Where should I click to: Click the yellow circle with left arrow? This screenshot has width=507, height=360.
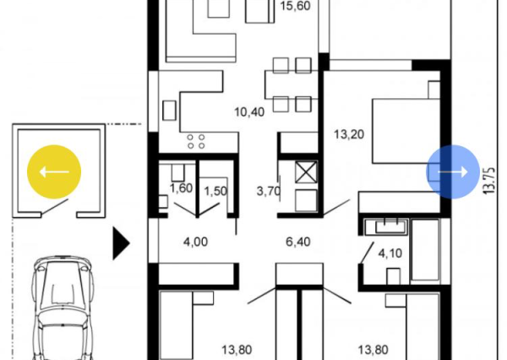54,172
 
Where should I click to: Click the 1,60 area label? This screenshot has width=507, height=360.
181,188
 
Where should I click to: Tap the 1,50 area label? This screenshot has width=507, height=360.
215,188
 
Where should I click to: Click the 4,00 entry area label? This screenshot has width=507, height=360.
196,242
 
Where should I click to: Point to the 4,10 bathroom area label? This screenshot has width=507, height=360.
391,252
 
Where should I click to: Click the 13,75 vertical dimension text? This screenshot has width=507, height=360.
488,180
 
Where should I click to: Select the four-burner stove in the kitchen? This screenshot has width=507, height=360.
196,141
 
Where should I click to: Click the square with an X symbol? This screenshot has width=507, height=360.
303,172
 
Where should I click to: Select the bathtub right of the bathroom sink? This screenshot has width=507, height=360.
426,251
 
